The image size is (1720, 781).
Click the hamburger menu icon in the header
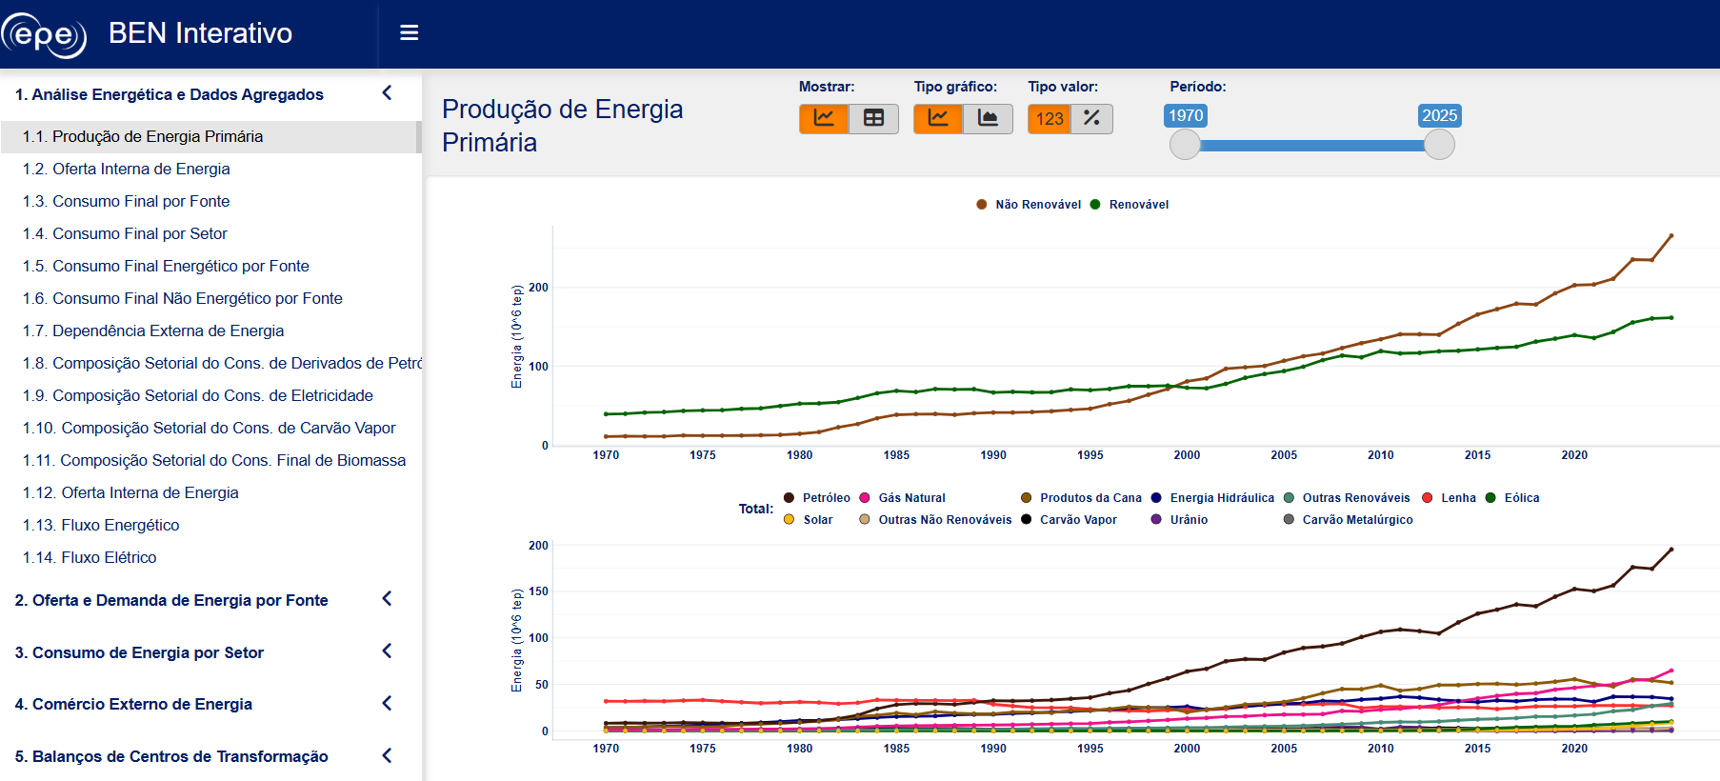point(410,33)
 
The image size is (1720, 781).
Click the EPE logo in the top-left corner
point(44,34)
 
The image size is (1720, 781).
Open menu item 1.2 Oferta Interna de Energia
point(127,169)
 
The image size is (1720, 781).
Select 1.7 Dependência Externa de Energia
point(153,330)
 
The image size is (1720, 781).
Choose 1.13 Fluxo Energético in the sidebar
point(101,525)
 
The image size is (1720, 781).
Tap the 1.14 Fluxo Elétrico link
point(90,557)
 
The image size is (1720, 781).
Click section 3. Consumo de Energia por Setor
point(139,652)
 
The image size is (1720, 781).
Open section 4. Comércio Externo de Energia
point(133,704)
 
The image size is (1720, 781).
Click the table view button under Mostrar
point(873,118)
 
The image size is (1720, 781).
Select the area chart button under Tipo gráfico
point(988,118)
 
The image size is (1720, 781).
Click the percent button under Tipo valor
point(1091,118)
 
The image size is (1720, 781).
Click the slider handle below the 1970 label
point(1185,145)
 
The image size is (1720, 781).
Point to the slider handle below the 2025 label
point(1439,145)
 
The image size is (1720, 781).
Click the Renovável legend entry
point(1130,205)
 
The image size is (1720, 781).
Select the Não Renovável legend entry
point(1029,205)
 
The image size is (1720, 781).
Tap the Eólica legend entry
point(1512,498)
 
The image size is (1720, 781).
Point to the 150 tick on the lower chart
point(538,591)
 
